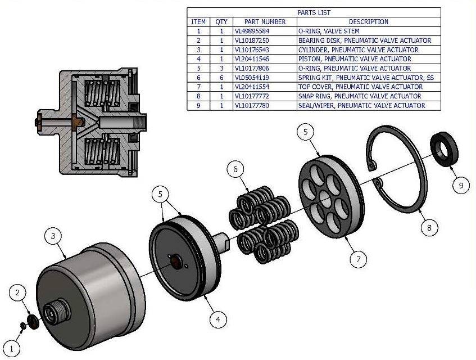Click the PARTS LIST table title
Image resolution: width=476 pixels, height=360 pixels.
pos(314,12)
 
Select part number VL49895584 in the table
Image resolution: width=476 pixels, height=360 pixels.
pos(252,31)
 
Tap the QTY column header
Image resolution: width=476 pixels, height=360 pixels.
pos(221,21)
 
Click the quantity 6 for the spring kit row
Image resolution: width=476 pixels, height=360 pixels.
pos(221,77)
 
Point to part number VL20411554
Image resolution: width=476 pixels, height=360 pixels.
pos(252,87)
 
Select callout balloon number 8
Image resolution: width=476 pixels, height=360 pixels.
pos(429,228)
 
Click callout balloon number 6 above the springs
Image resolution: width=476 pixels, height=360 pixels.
pos(236,169)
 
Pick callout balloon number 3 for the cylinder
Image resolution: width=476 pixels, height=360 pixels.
pos(53,236)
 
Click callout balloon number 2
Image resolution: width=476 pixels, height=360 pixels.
pos(18,292)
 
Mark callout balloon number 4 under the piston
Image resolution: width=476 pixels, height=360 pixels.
pos(219,319)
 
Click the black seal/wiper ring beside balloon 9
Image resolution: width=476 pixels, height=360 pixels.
pos(444,147)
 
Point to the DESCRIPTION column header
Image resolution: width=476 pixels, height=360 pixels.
pos(369,21)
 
